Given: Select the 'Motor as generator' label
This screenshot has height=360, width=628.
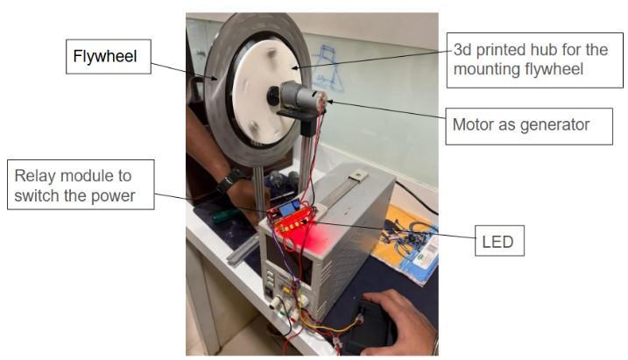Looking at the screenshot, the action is (x=519, y=126).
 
